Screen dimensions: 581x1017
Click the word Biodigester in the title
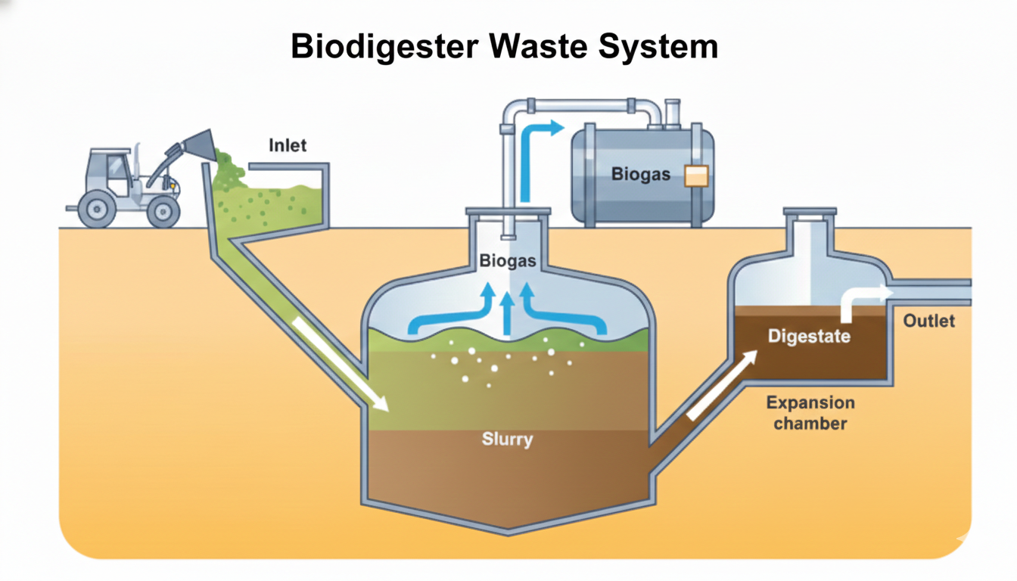[384, 47]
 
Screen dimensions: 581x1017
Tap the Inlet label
[288, 144]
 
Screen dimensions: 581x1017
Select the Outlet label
[929, 321]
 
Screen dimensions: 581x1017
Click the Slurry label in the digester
[507, 439]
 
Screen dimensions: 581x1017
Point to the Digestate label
[809, 336]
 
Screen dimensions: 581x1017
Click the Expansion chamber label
[810, 413]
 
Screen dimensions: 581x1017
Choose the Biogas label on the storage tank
[641, 175]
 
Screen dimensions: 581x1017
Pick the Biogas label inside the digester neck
[508, 262]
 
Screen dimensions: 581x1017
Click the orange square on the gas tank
[695, 176]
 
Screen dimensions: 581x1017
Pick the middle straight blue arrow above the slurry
[508, 312]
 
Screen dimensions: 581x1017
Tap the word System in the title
[658, 47]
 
